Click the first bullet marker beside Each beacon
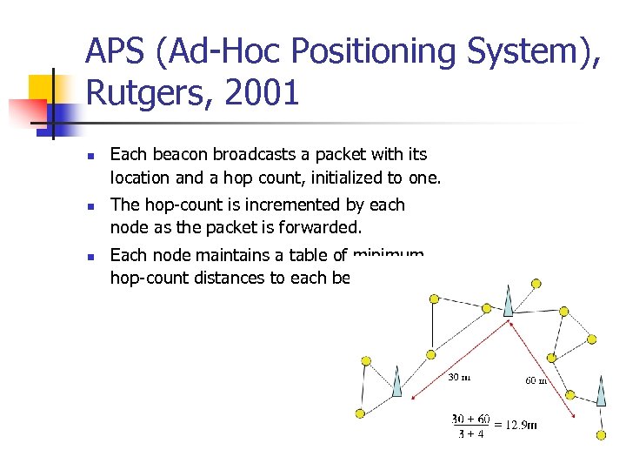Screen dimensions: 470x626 point(90,155)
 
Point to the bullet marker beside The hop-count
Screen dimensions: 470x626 point(90,205)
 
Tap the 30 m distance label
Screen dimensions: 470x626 point(459,377)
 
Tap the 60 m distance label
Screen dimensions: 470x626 point(536,379)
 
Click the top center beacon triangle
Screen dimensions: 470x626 point(508,298)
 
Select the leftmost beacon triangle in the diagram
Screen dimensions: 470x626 point(396,381)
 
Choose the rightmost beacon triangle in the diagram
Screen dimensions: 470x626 point(601,390)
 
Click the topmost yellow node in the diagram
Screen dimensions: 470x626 point(536,283)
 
